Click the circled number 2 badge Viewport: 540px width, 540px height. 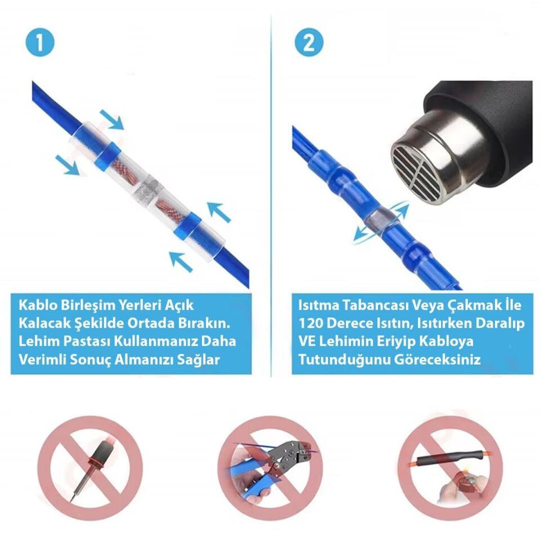[308, 43]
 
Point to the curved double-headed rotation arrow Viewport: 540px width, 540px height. [381, 222]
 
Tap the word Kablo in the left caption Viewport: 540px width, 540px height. [35, 306]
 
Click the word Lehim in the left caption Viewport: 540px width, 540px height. [36, 342]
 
